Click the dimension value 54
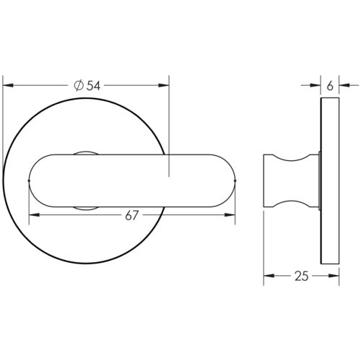click(93, 85)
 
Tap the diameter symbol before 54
click(79, 85)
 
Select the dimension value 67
click(131, 215)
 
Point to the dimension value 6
click(329, 85)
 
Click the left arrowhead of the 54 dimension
click(7, 85)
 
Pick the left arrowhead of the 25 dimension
click(266, 276)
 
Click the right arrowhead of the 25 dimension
click(334, 276)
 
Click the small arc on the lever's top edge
click(85, 152)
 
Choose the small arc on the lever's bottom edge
click(85, 208)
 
